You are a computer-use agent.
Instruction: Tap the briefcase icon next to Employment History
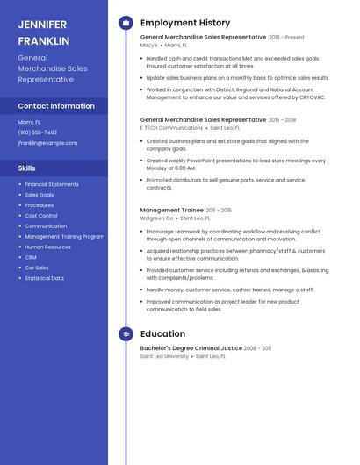pyautogui.click(x=126, y=23)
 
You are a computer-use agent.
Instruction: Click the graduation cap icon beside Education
pyautogui.click(x=126, y=334)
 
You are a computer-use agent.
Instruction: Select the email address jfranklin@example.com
pyautogui.click(x=47, y=142)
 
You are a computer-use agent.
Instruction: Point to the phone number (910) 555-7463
pyautogui.click(x=37, y=132)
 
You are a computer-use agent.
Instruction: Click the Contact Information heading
pyautogui.click(x=56, y=106)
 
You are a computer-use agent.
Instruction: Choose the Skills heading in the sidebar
pyautogui.click(x=27, y=168)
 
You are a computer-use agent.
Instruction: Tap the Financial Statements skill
pyautogui.click(x=52, y=184)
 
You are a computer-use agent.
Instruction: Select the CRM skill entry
pyautogui.click(x=31, y=257)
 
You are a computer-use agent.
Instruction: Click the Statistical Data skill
pyautogui.click(x=44, y=278)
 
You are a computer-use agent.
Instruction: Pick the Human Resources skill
pyautogui.click(x=47, y=247)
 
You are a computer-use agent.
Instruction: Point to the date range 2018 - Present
pyautogui.click(x=287, y=38)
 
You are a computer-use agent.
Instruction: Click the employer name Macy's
pyautogui.click(x=149, y=46)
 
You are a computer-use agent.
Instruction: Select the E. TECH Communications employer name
pyautogui.click(x=171, y=127)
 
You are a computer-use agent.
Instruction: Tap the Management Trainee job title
pyautogui.click(x=171, y=211)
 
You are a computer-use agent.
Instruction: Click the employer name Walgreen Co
pyautogui.click(x=157, y=218)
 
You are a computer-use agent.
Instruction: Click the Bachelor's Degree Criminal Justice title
pyautogui.click(x=191, y=348)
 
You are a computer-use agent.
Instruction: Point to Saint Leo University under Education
pyautogui.click(x=164, y=357)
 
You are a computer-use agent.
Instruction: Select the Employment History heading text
pyautogui.click(x=185, y=23)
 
